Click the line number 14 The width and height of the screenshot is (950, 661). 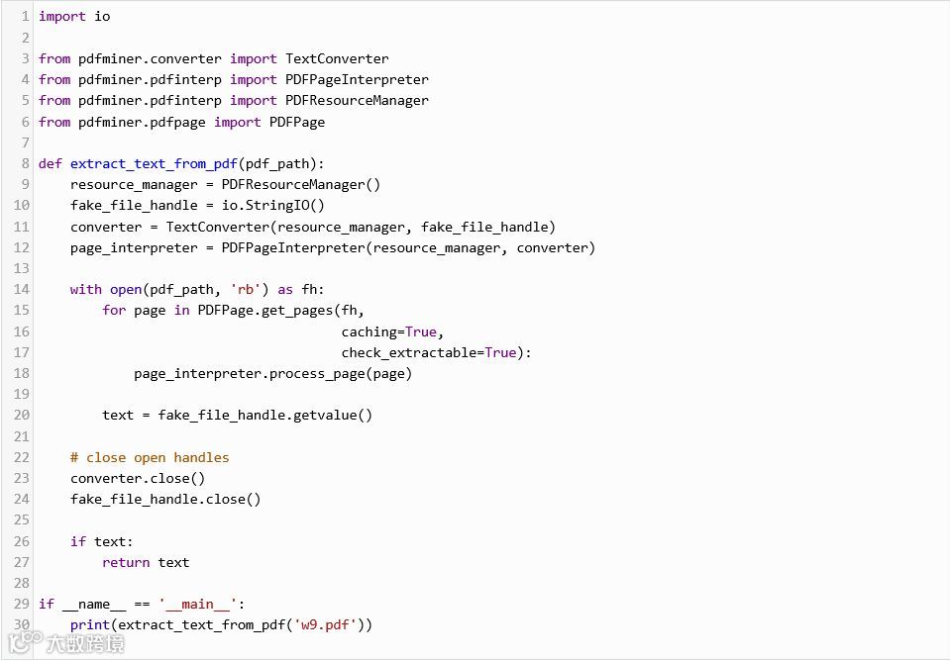point(22,290)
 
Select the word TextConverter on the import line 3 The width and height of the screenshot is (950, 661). point(337,58)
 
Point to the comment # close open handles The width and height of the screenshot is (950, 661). point(150,457)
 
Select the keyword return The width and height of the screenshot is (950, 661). point(126,562)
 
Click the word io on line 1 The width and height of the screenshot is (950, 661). point(102,17)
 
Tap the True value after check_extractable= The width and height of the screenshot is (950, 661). point(500,352)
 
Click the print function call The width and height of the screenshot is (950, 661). point(90,624)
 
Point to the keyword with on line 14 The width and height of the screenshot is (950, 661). point(86,290)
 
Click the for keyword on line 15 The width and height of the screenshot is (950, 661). point(114,311)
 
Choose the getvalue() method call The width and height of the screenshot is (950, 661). point(333,415)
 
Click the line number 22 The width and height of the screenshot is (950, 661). point(22,457)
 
